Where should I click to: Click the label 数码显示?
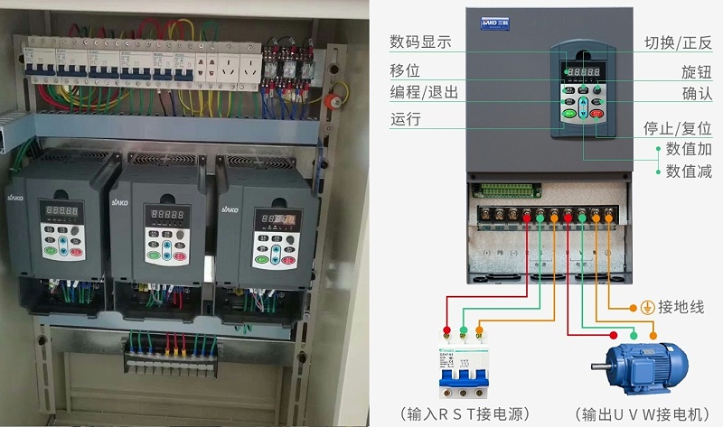pos(420,42)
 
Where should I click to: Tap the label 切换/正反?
pos(678,42)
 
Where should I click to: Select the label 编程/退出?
pos(424,93)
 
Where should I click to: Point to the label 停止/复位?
pos(677,128)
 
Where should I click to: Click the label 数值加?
pos(689,149)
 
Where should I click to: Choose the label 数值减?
pos(689,171)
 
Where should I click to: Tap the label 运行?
pos(406,118)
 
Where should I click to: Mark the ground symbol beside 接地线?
pos(646,308)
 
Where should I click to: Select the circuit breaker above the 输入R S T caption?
pos(464,367)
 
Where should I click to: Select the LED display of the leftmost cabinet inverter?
pos(61,210)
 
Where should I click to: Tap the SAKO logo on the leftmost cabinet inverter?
pos(15,196)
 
